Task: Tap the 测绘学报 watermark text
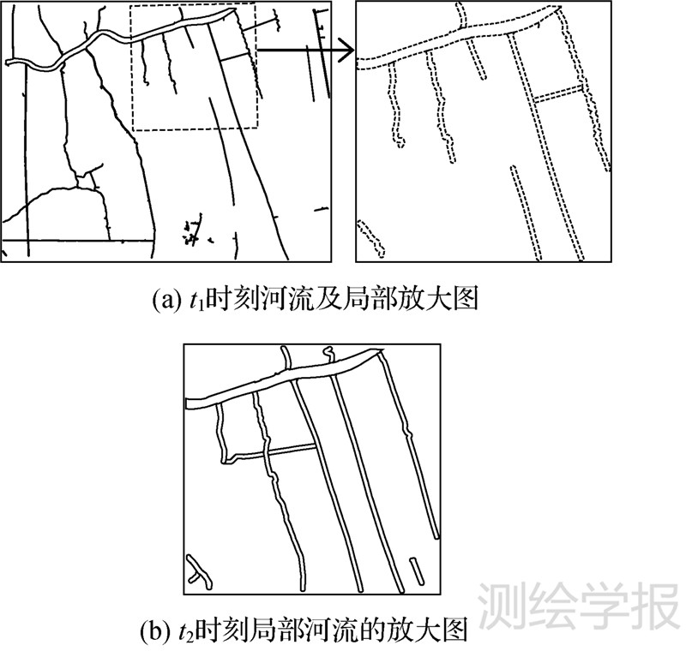tap(575, 606)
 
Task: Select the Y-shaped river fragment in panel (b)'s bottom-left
tap(198, 570)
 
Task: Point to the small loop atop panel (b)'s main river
tap(328, 352)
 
